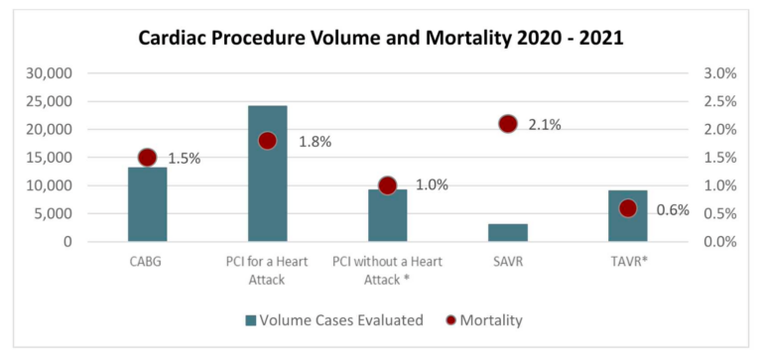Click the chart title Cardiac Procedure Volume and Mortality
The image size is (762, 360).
click(x=380, y=41)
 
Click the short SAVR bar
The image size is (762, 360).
click(x=507, y=232)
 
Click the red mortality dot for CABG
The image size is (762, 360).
click(x=148, y=157)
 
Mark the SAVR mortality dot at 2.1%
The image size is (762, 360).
click(x=507, y=124)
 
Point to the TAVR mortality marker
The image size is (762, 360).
click(x=627, y=208)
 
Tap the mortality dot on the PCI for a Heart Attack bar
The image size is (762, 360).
click(x=267, y=141)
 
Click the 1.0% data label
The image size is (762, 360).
click(x=432, y=184)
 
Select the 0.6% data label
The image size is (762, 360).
click(x=672, y=209)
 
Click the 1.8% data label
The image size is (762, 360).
click(x=315, y=142)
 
